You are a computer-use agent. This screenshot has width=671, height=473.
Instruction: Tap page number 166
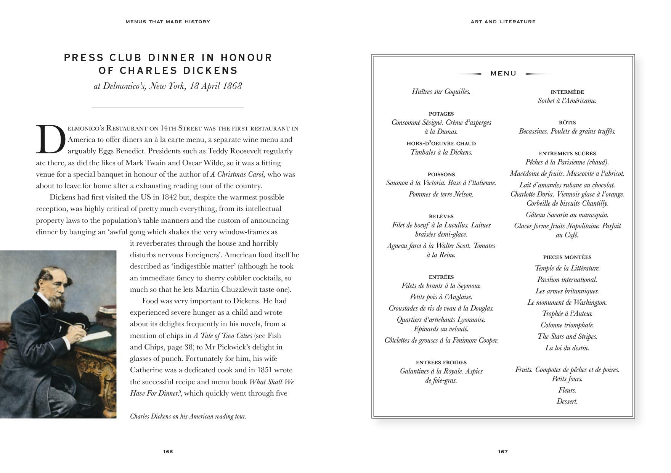pos(168,452)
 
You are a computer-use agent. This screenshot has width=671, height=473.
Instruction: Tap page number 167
pos(503,452)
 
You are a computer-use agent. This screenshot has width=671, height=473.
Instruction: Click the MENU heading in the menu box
pos(503,73)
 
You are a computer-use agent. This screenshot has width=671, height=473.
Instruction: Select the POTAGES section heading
pos(441,114)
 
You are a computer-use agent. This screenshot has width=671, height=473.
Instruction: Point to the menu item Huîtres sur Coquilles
pos(441,92)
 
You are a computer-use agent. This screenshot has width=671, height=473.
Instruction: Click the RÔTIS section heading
pos(567,122)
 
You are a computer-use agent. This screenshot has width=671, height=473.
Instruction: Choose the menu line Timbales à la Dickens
pos(441,152)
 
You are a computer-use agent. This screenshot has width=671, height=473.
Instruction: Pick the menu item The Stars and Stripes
pos(567,336)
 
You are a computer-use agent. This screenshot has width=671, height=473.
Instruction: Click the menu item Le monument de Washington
pos(567,302)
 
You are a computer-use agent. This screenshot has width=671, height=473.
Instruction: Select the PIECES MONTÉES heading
pos(567,257)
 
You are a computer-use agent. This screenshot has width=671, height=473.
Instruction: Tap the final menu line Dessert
pos(567,401)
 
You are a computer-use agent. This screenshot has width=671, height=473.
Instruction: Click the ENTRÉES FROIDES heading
pos(441,362)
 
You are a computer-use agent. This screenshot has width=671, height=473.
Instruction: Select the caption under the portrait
pos(188,417)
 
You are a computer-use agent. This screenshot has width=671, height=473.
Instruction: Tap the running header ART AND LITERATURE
pos(503,22)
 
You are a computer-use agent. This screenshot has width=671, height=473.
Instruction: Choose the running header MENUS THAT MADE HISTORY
pos(168,22)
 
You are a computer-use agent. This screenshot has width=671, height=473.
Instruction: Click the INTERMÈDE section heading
pos(567,92)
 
